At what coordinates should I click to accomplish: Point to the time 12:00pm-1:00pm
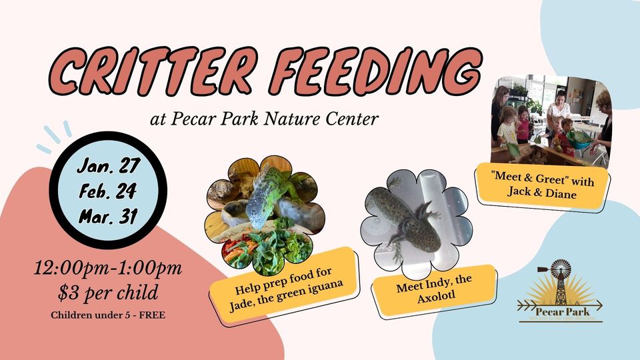coord(108,270)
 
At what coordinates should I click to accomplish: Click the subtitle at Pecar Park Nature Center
coord(265,120)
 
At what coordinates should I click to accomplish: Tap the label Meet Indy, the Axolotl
coord(435,291)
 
